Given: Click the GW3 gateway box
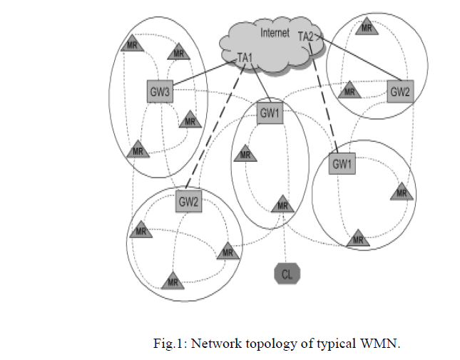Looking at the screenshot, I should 158,91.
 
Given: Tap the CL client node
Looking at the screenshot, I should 287,272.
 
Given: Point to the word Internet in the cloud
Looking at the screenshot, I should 275,32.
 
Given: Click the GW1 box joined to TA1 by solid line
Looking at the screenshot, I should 270,112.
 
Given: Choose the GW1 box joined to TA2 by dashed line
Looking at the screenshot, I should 342,163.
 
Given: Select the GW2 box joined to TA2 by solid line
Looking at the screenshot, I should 400,91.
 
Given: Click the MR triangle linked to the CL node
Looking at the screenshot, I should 283,205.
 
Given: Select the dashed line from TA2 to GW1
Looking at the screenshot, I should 325,100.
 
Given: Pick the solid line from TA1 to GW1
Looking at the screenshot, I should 259,83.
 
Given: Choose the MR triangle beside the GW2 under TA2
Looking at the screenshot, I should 349,91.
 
